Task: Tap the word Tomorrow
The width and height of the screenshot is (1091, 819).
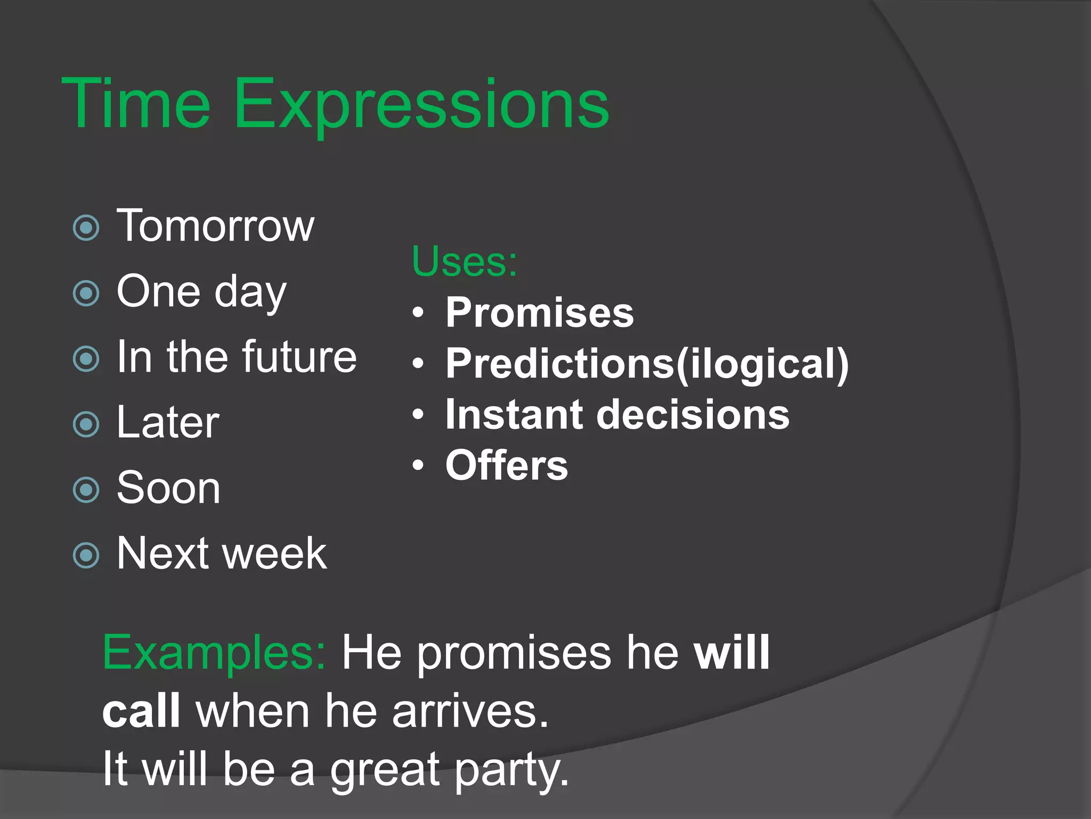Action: coord(215,226)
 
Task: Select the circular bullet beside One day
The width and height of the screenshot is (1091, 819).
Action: coord(86,293)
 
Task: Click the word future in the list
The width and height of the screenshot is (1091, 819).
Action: coord(299,357)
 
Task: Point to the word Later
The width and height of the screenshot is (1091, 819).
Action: coord(168,422)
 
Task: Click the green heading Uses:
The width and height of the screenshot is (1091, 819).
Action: coord(464,261)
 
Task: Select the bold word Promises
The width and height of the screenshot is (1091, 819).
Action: coord(540,312)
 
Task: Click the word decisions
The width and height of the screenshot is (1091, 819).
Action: coord(693,414)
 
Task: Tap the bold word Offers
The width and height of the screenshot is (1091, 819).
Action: coord(507,465)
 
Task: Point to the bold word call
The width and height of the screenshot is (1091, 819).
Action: coord(141,711)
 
